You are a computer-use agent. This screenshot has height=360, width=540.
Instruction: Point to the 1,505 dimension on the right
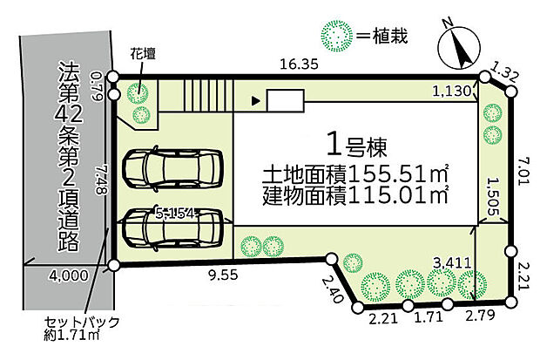(x=494, y=189)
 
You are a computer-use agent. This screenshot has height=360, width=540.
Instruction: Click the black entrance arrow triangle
(x=255, y=101)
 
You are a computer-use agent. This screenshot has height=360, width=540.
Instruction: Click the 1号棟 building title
(x=355, y=142)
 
